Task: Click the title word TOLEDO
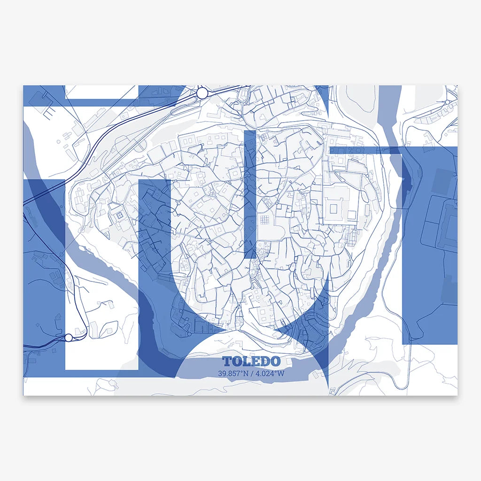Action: (x=251, y=361)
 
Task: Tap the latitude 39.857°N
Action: (x=233, y=374)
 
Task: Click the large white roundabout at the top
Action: (x=202, y=93)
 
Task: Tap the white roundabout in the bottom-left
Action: (x=69, y=337)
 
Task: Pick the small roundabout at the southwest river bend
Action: (x=188, y=334)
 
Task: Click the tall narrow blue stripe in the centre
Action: (x=250, y=193)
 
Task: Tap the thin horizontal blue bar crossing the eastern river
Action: (x=365, y=150)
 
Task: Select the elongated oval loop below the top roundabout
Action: (x=244, y=96)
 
